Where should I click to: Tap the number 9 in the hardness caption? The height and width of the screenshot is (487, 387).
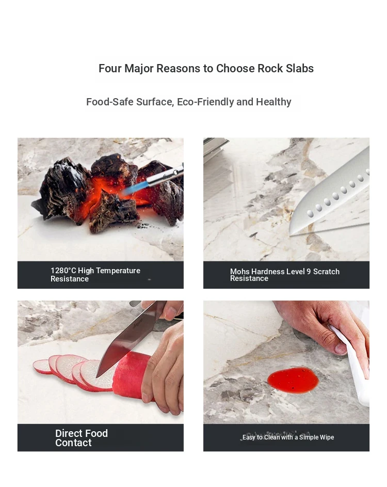click(309, 272)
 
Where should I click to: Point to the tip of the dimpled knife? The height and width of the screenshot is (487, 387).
click(290, 234)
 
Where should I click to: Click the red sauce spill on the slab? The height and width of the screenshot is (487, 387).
click(293, 380)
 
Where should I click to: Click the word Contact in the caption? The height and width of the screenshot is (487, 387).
click(73, 443)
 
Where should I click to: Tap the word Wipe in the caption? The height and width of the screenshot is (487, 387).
click(327, 437)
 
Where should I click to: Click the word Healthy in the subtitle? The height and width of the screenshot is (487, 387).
click(273, 102)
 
